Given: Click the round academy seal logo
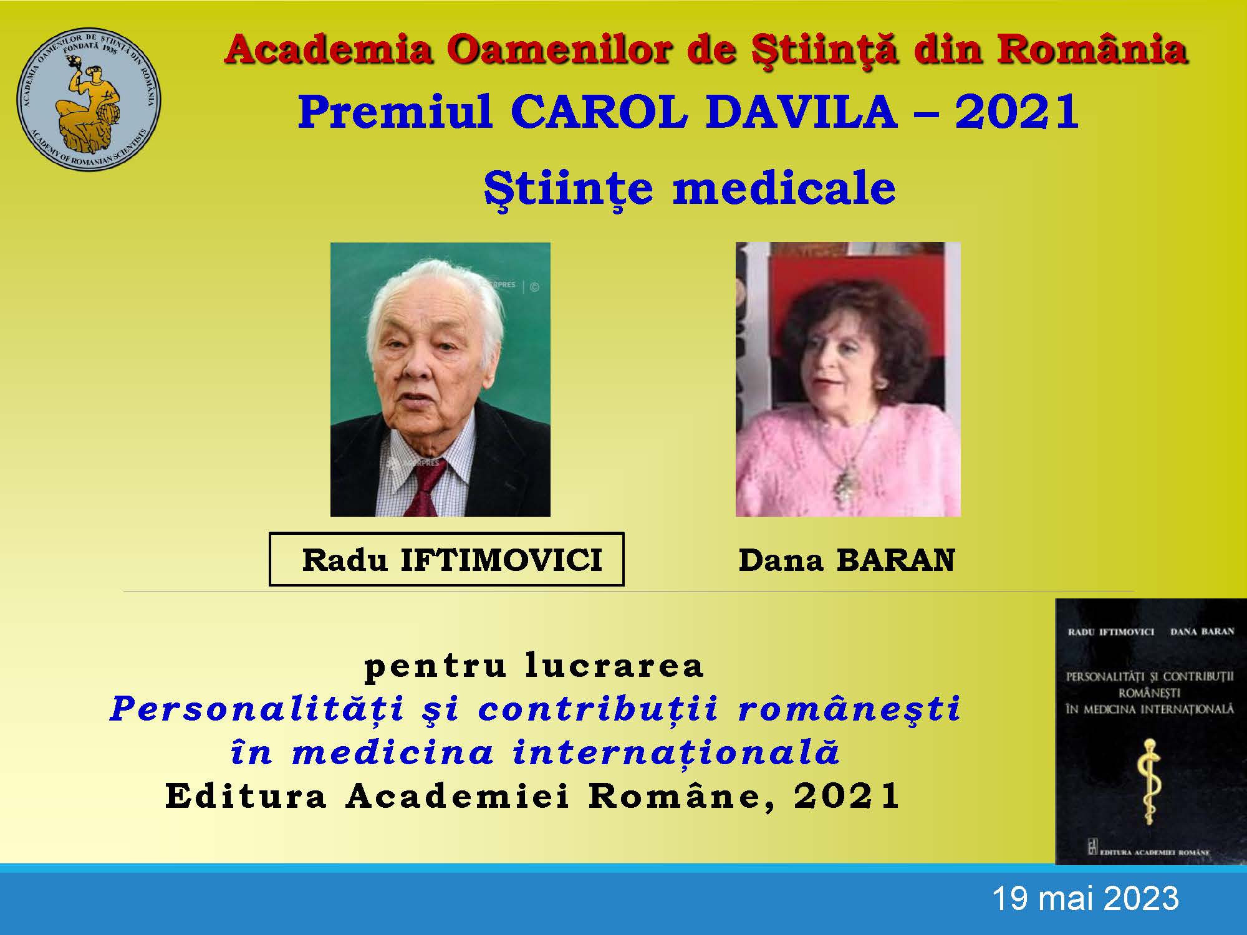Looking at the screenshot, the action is click(88, 97).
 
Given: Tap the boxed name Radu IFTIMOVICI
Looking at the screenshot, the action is click(446, 559).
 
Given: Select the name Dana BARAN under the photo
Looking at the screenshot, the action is click(847, 560).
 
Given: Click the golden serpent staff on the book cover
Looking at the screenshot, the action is click(1149, 782).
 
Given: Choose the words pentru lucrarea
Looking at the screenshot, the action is click(534, 665).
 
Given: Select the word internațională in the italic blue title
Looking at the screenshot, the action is click(676, 752).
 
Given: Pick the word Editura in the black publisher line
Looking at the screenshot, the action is click(246, 795).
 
